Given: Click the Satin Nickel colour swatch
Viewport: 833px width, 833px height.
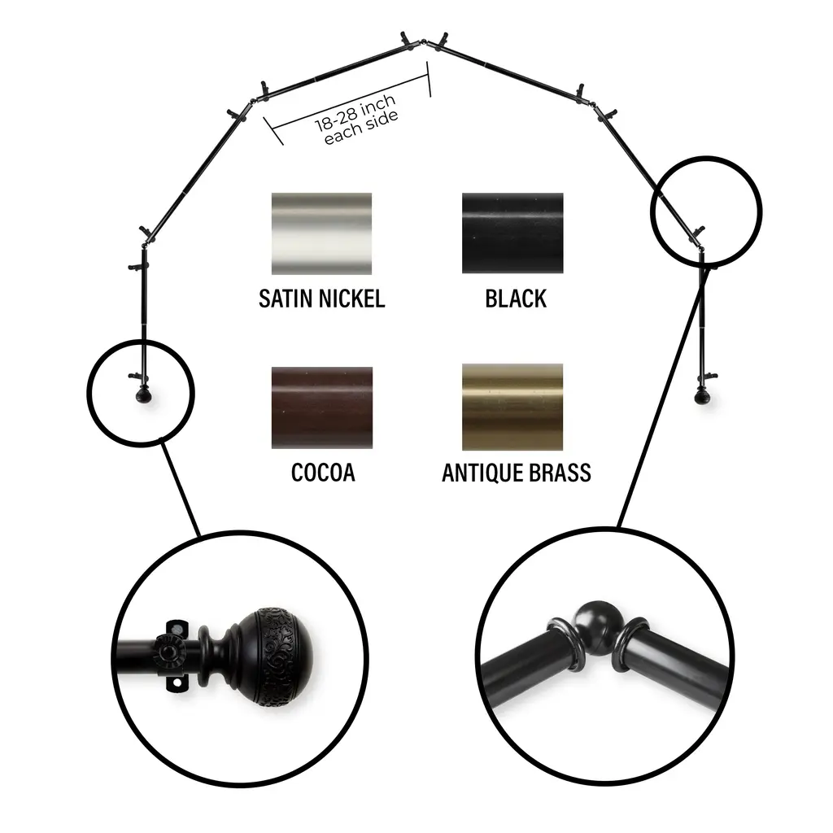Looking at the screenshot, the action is coord(321,233).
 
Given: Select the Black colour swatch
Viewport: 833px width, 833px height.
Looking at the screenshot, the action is coord(512,233).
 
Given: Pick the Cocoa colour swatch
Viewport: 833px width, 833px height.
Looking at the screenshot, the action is coord(322,408).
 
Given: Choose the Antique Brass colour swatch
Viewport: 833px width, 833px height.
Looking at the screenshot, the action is coord(512,407).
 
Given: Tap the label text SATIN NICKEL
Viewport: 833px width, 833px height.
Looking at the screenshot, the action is coord(322,299).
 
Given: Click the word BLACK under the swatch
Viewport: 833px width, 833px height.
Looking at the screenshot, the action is coord(516,299).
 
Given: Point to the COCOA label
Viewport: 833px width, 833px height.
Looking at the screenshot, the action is coord(323,473).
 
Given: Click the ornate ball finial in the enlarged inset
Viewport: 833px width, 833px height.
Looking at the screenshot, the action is coord(277,657).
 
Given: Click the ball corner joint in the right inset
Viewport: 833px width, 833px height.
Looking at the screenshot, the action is coord(598,627).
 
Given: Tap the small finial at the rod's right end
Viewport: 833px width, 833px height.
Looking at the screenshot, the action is coord(702,396).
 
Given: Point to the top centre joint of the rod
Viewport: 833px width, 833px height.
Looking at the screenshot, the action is coord(423,41).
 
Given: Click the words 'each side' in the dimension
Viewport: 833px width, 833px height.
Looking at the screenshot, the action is coord(361,128).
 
